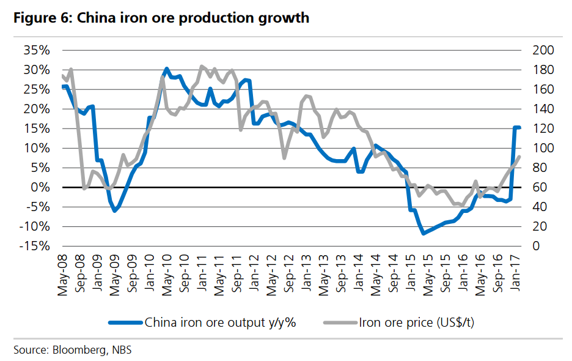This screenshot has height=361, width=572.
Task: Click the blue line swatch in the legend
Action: coord(125,322)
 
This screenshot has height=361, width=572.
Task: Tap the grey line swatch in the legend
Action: coord(340,322)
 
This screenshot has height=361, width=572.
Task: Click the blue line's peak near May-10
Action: coord(167,69)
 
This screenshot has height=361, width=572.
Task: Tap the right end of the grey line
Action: coord(519,157)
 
